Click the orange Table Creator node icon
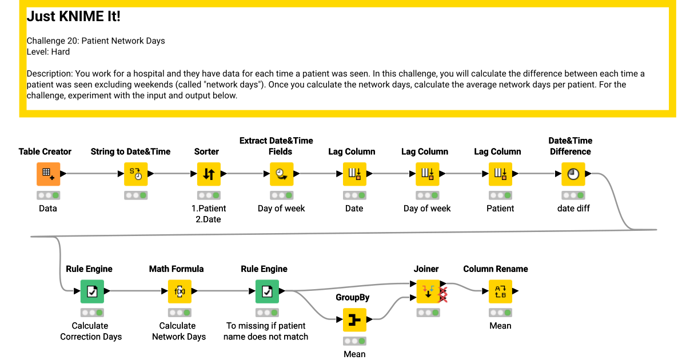coord(49,174)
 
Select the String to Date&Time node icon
coord(135,174)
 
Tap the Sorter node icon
coord(209,174)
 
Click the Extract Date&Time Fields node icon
coord(282,174)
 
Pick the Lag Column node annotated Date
coord(354,174)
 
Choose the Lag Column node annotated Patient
coord(500,174)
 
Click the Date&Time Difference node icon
coord(573,174)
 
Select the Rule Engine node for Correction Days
coord(92,291)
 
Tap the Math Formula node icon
coord(180,291)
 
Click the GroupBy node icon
coord(354,319)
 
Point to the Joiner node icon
coord(428,291)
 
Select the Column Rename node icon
coord(500,291)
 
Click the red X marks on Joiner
coord(443,294)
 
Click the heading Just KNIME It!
coord(74,16)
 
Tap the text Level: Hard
coord(48,52)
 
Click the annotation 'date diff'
coord(573,209)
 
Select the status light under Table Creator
coord(49,195)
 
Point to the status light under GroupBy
coord(354,341)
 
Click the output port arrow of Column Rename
coord(516,291)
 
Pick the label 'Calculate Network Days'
coord(179,331)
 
